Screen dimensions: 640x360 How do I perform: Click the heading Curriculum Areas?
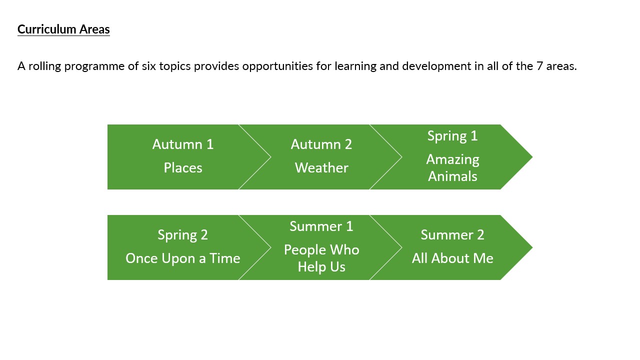point(63,29)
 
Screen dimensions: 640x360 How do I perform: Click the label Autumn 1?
point(183,144)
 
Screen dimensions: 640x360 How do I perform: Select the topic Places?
point(183,167)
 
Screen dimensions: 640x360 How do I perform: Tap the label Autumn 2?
point(321,144)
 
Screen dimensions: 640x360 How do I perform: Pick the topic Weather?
point(321,167)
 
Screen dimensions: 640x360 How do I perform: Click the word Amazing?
point(452,160)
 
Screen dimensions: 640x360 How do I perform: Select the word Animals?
point(452,176)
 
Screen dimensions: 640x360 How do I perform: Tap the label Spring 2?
point(183,235)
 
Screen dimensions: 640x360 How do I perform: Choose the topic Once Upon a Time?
point(183,258)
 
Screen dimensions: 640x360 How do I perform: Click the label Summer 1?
point(321,226)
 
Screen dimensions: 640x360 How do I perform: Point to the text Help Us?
point(321,267)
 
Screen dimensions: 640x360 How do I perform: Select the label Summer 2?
point(452,235)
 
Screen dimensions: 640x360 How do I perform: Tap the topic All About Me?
point(452,258)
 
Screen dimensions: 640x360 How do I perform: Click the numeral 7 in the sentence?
point(539,66)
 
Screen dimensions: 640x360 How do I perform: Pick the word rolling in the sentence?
point(44,66)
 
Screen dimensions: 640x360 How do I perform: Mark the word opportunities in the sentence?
point(277,66)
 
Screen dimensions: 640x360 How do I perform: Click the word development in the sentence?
point(436,66)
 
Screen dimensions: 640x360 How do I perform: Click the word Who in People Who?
point(344,250)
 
